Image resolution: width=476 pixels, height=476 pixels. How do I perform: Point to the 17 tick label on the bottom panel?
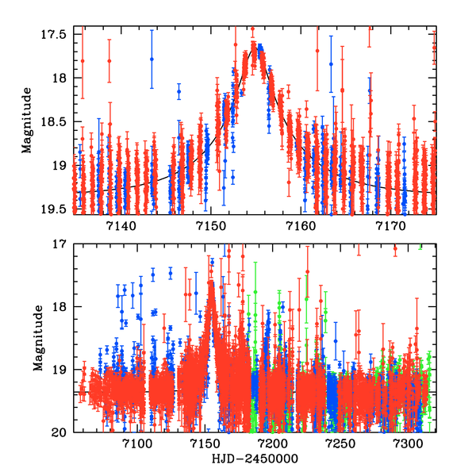(65, 244)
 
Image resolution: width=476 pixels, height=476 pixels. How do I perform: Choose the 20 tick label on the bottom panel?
(65, 432)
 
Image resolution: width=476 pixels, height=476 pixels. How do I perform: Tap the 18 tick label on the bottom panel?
(65, 307)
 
